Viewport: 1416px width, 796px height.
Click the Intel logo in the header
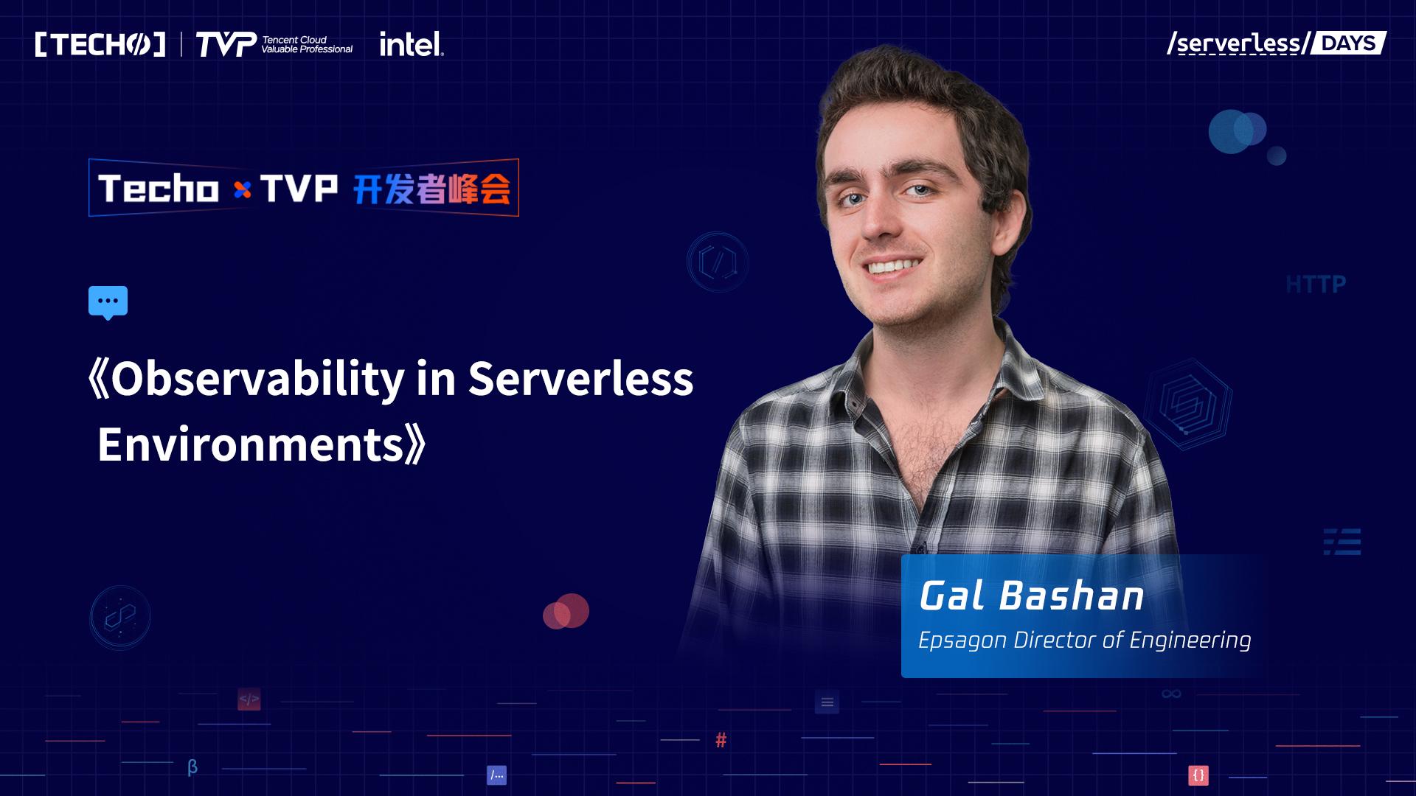412,44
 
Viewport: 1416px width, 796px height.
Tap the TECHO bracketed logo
100,44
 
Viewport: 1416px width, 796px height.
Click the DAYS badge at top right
1348,43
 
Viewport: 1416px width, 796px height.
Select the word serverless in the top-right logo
1238,43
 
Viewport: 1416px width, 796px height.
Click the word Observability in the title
257,380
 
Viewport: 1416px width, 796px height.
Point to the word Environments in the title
251,444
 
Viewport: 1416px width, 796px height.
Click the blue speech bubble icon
108,302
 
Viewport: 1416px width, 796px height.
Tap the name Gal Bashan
1031,596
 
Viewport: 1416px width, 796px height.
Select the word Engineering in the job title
1190,640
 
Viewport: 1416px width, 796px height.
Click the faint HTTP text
1316,284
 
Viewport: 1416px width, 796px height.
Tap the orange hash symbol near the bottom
721,740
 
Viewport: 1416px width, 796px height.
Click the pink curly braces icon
1198,775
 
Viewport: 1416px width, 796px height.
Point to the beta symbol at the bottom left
192,767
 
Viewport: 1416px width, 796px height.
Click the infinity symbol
1171,694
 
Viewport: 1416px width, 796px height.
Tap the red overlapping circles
566,611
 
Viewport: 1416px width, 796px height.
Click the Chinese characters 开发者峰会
431,189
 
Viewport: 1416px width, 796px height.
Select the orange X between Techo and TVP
242,190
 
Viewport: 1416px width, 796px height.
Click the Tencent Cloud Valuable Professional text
307,44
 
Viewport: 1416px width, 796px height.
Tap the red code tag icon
249,699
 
